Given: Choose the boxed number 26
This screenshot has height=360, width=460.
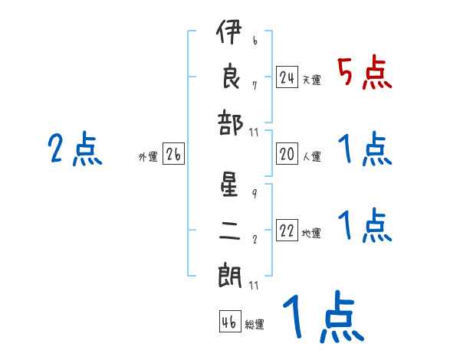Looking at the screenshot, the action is tap(173, 155).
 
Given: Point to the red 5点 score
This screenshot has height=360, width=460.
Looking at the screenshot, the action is tap(364, 74).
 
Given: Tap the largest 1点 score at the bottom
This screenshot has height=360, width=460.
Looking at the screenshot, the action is tap(321, 318).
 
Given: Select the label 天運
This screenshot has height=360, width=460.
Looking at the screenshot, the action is tap(311, 80).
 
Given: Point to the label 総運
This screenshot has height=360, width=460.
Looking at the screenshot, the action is tap(255, 324).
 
